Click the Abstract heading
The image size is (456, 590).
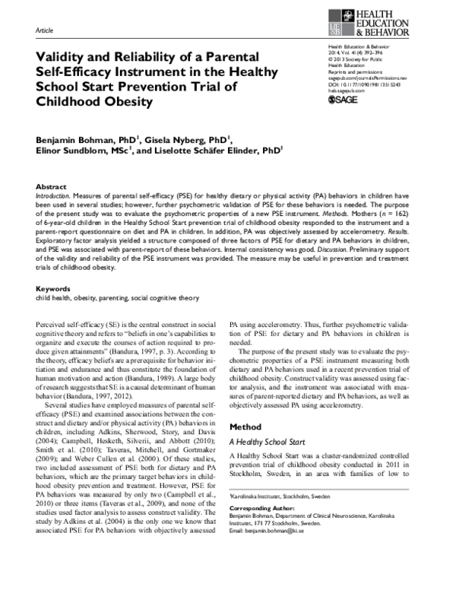[51, 186]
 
